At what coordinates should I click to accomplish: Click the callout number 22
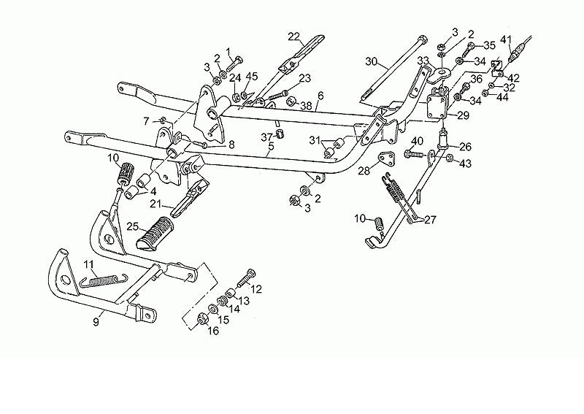(294, 37)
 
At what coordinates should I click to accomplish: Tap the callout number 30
(371, 61)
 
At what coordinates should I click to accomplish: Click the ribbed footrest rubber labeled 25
(155, 233)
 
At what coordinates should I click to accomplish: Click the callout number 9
(96, 321)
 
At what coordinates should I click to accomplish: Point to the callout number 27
(430, 220)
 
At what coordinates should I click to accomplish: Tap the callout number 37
(267, 137)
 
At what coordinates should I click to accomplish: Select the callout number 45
(252, 77)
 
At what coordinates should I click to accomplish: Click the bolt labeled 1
(235, 64)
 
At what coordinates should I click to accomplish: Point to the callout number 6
(320, 96)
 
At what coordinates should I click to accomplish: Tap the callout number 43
(466, 164)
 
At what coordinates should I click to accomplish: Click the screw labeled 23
(278, 95)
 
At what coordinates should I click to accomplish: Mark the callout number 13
(244, 300)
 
